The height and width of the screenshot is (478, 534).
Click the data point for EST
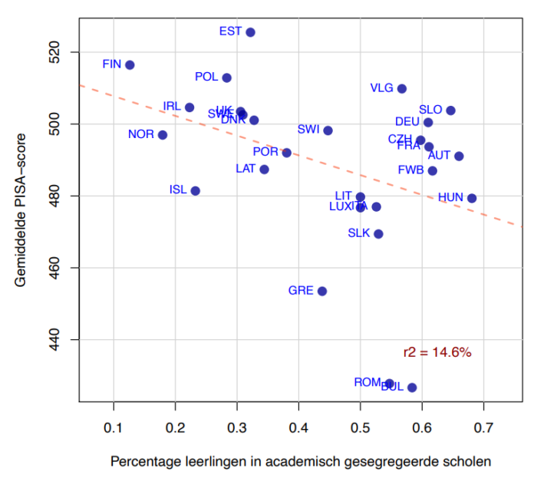(250, 32)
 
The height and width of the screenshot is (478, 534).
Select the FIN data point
(130, 65)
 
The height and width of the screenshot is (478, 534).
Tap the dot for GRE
(322, 291)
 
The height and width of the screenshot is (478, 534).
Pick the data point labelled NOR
(162, 135)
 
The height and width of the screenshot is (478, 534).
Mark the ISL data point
(195, 190)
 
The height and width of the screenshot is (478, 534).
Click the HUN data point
(472, 198)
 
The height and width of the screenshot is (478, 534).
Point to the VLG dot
(401, 89)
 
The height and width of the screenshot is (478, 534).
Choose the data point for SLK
(378, 234)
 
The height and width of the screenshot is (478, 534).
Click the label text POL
(206, 77)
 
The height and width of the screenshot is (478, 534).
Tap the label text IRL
(173, 106)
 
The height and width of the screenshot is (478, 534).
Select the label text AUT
(440, 155)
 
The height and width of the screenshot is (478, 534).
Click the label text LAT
(246, 168)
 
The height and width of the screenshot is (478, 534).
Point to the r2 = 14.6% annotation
(437, 353)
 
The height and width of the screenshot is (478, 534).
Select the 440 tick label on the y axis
(61, 340)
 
